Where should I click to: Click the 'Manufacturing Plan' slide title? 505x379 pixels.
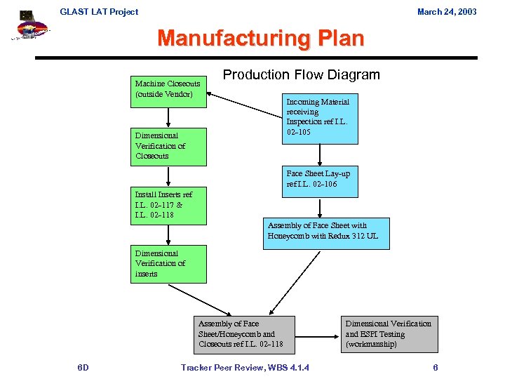click(261, 39)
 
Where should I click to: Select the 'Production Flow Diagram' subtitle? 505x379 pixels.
click(301, 75)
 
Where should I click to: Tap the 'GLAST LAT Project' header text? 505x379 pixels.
click(99, 11)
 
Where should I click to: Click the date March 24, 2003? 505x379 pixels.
click(447, 11)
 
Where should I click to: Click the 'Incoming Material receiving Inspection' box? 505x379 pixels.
click(320, 117)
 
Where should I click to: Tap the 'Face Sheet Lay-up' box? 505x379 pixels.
click(320, 179)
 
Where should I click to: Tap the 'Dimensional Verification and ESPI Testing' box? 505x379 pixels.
click(389, 334)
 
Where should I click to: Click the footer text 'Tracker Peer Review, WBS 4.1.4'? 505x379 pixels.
click(245, 368)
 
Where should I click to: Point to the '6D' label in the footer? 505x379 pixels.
click(83, 368)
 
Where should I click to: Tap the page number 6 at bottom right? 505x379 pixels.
click(436, 368)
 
